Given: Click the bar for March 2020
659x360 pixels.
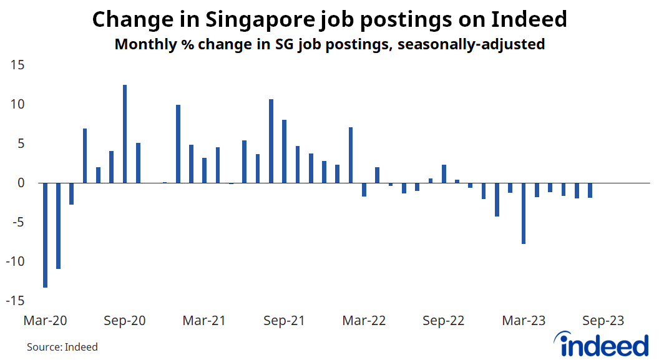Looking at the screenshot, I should pyautogui.click(x=46, y=235).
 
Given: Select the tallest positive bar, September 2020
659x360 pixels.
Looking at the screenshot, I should pyautogui.click(x=125, y=134).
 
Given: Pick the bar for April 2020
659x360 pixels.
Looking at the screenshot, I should pyautogui.click(x=59, y=225).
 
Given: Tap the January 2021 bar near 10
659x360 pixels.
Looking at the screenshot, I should pyautogui.click(x=178, y=144).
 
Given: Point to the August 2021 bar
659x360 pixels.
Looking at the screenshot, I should pyautogui.click(x=271, y=141).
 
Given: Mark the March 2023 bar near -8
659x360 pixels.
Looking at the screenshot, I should pyautogui.click(x=524, y=213).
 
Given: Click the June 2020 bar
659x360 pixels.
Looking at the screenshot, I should pyautogui.click(x=85, y=155).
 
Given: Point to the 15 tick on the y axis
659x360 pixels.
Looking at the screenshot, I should pyautogui.click(x=17, y=65).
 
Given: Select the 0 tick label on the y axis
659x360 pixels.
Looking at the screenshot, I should pyautogui.click(x=21, y=183).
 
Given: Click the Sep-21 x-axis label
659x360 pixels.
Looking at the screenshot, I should pyautogui.click(x=284, y=321).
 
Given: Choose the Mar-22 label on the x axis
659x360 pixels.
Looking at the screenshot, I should pyautogui.click(x=364, y=321).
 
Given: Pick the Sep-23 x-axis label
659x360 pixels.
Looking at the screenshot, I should pyautogui.click(x=603, y=321).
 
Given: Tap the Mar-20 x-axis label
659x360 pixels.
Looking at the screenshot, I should pyautogui.click(x=45, y=321).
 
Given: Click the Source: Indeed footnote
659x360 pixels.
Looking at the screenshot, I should pyautogui.click(x=62, y=347).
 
